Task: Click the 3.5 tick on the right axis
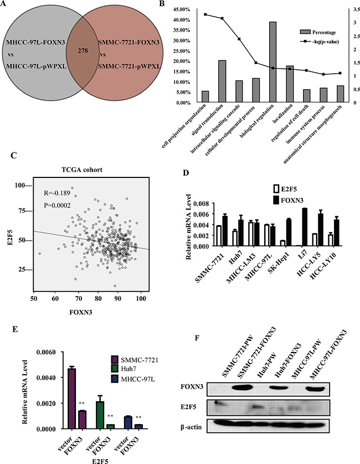345,9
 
